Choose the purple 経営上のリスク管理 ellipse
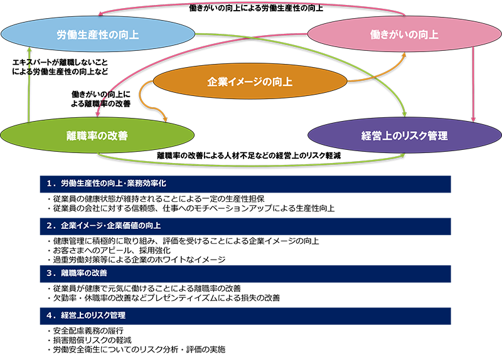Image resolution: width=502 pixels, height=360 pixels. (x=404, y=135)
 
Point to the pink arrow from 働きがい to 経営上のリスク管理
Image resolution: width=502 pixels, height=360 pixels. (x=473, y=82)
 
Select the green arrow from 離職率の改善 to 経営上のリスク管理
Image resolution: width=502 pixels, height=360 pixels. (x=251, y=162)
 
